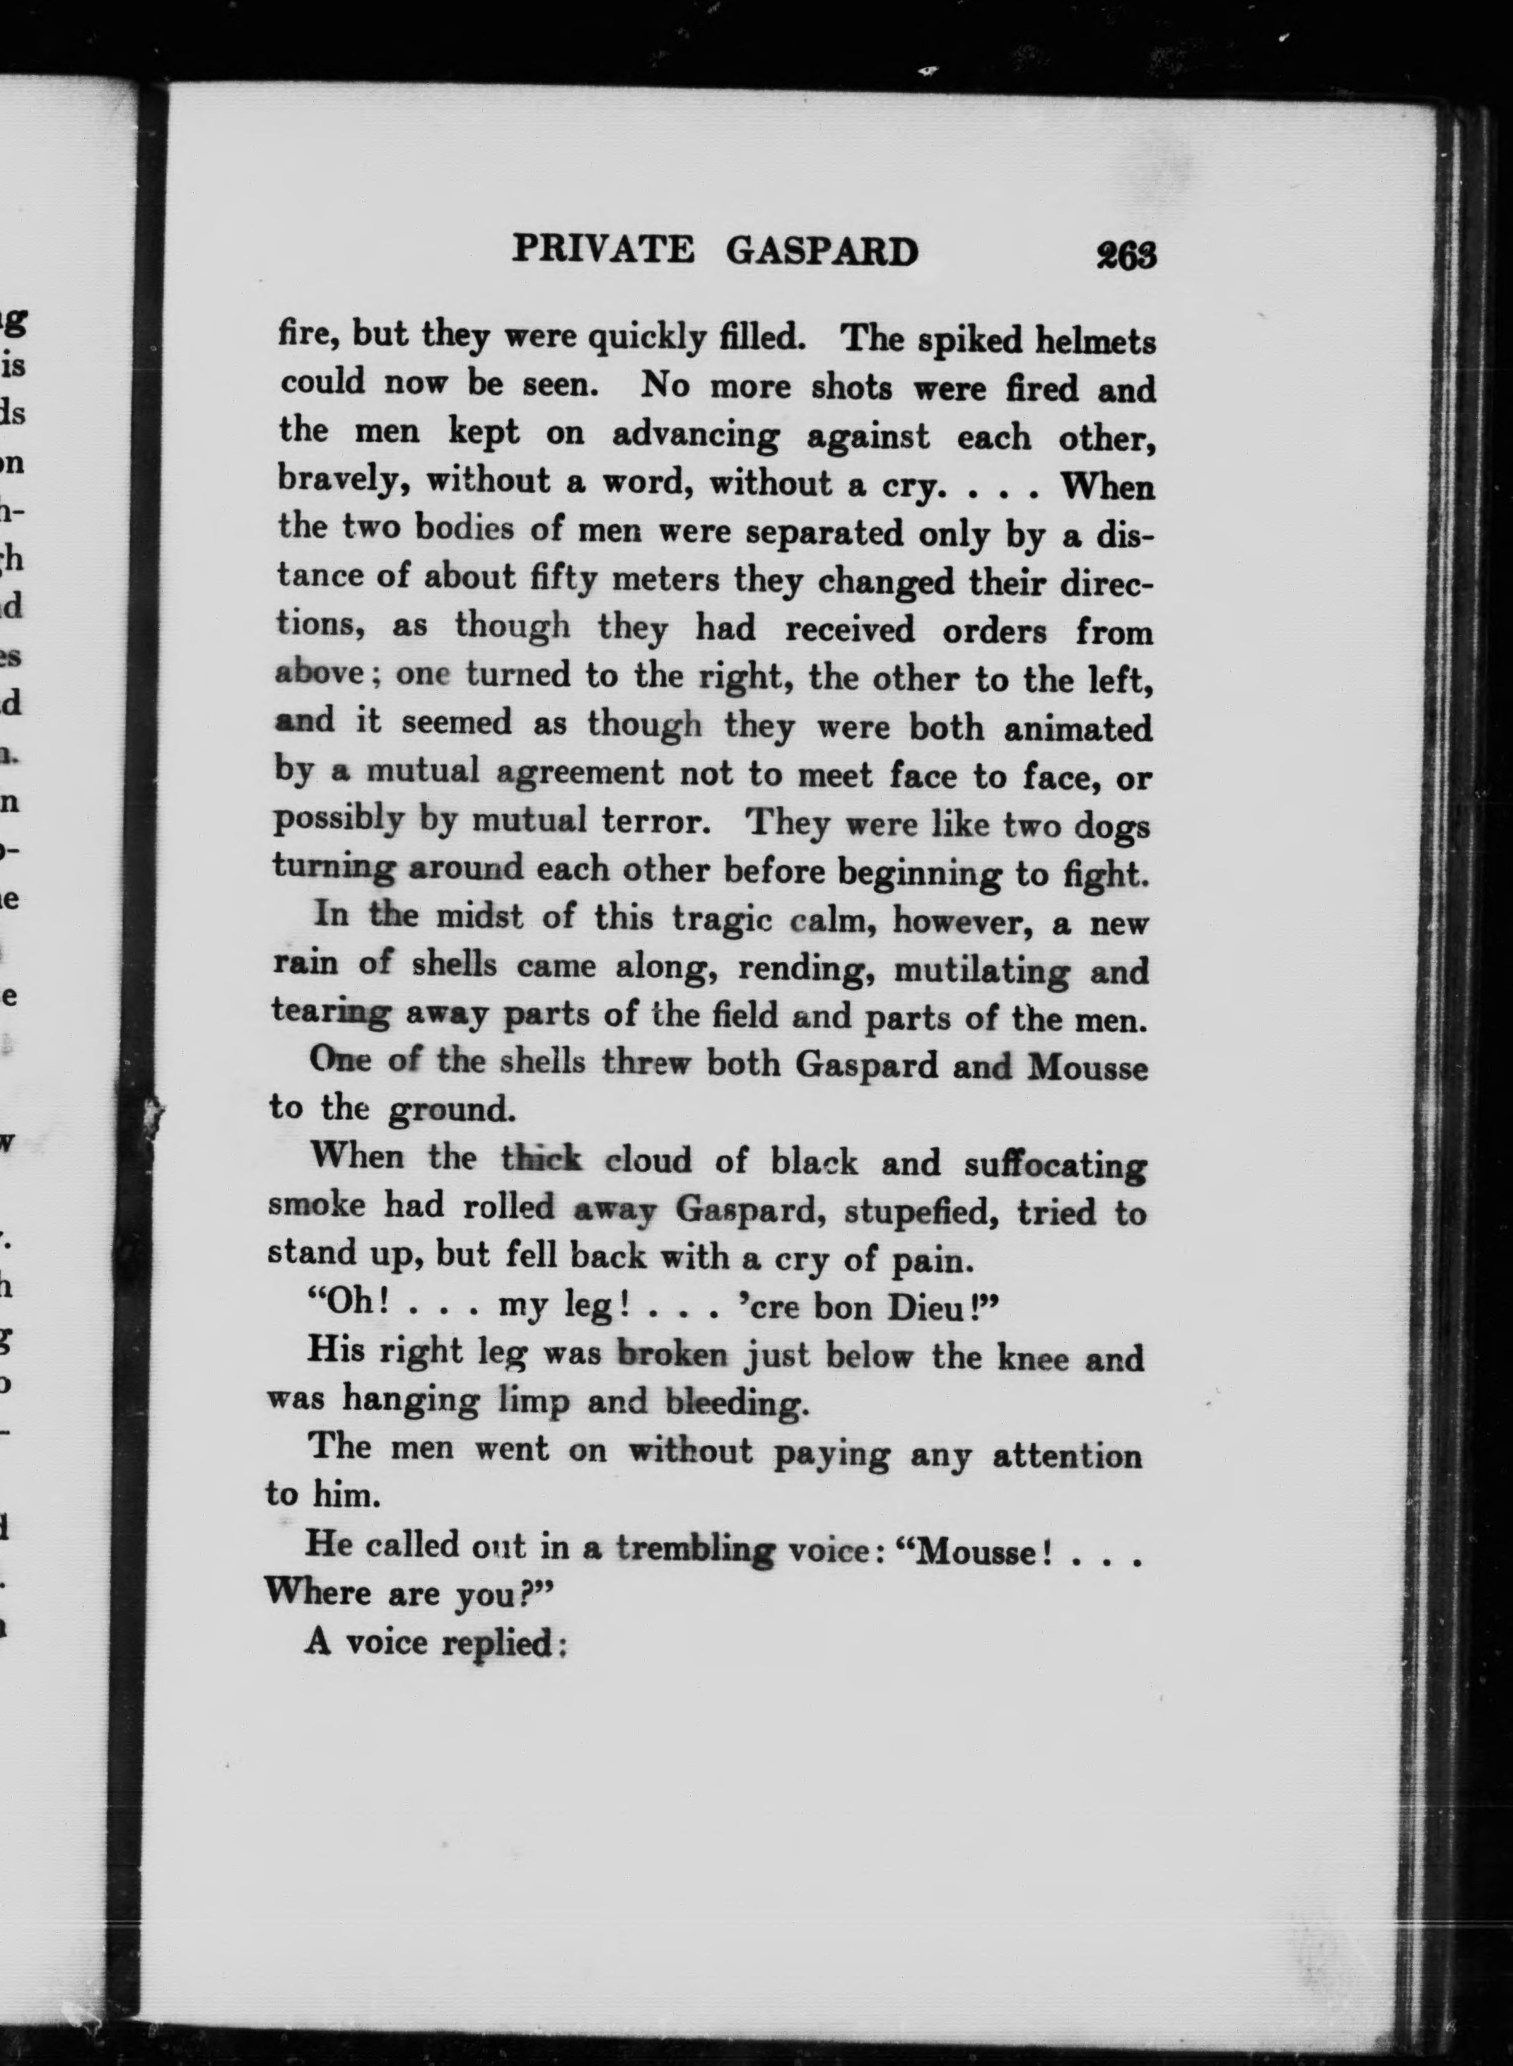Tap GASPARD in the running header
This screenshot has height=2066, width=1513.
tap(822, 251)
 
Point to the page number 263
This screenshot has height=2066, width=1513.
tap(1126, 255)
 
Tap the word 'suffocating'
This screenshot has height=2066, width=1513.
tap(1055, 1166)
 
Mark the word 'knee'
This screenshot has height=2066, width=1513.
tap(1032, 1356)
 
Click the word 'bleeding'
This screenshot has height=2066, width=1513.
tap(737, 1403)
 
